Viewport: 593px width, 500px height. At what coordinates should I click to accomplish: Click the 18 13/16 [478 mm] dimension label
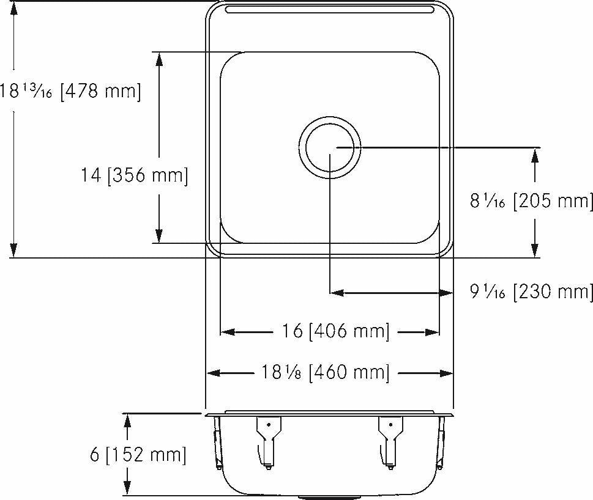[x=70, y=92]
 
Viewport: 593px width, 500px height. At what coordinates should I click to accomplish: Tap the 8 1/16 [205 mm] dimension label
[x=531, y=200]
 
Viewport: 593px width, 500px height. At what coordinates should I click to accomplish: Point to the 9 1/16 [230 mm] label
[x=531, y=292]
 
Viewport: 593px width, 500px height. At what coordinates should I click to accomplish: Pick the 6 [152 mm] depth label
[x=138, y=454]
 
